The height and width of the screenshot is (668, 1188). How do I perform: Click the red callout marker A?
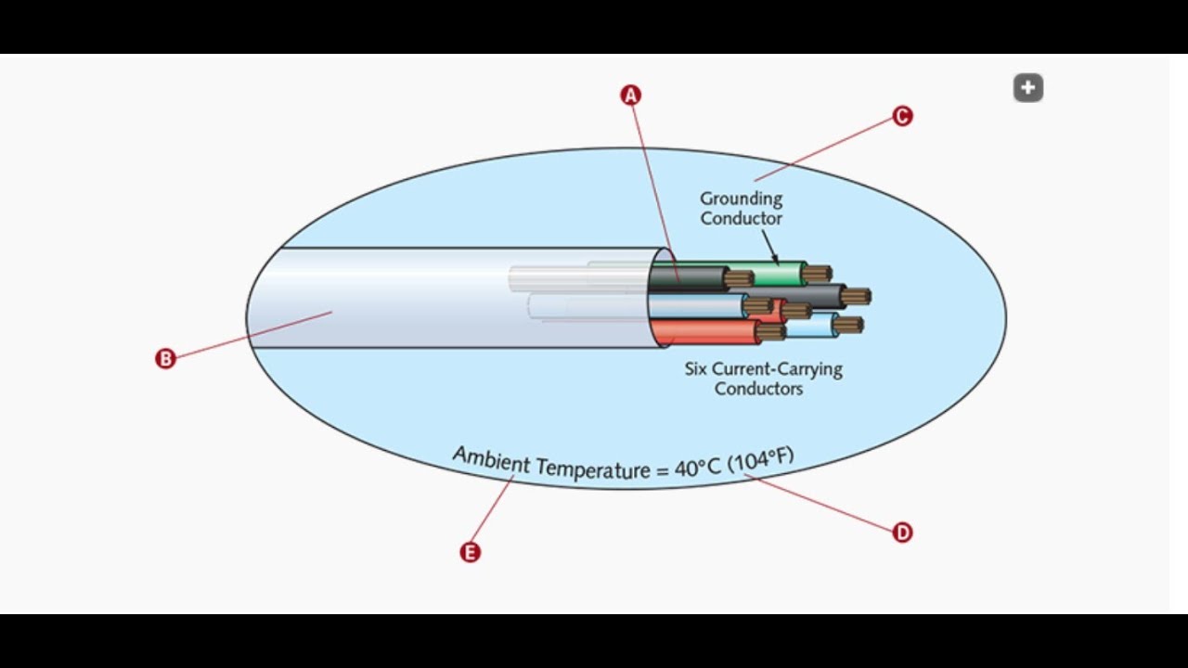pyautogui.click(x=631, y=95)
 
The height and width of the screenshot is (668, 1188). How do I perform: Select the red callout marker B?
pyautogui.click(x=165, y=359)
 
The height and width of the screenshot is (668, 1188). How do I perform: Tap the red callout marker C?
pyautogui.click(x=902, y=116)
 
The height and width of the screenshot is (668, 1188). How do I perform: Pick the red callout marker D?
pyautogui.click(x=902, y=533)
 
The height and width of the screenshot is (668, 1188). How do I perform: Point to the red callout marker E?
pyautogui.click(x=471, y=552)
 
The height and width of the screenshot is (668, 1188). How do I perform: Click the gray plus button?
pyautogui.click(x=1027, y=88)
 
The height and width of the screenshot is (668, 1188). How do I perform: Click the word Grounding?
pyautogui.click(x=741, y=199)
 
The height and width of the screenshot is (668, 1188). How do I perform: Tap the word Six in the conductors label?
pyautogui.click(x=697, y=368)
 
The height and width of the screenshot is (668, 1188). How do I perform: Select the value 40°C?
pyautogui.click(x=697, y=468)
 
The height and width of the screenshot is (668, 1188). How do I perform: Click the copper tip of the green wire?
pyautogui.click(x=817, y=274)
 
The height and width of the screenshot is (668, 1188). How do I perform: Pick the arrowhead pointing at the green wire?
pyautogui.click(x=776, y=261)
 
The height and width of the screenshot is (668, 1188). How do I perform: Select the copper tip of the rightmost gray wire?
pyautogui.click(x=856, y=297)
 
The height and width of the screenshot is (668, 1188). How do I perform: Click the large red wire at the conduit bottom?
pyautogui.click(x=705, y=331)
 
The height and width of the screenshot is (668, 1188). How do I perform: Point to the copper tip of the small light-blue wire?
pyautogui.click(x=848, y=325)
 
